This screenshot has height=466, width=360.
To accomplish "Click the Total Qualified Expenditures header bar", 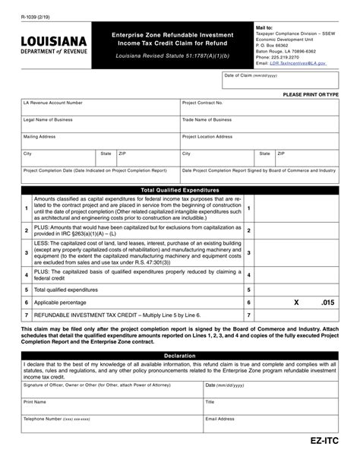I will pyautogui.click(x=180, y=189).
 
